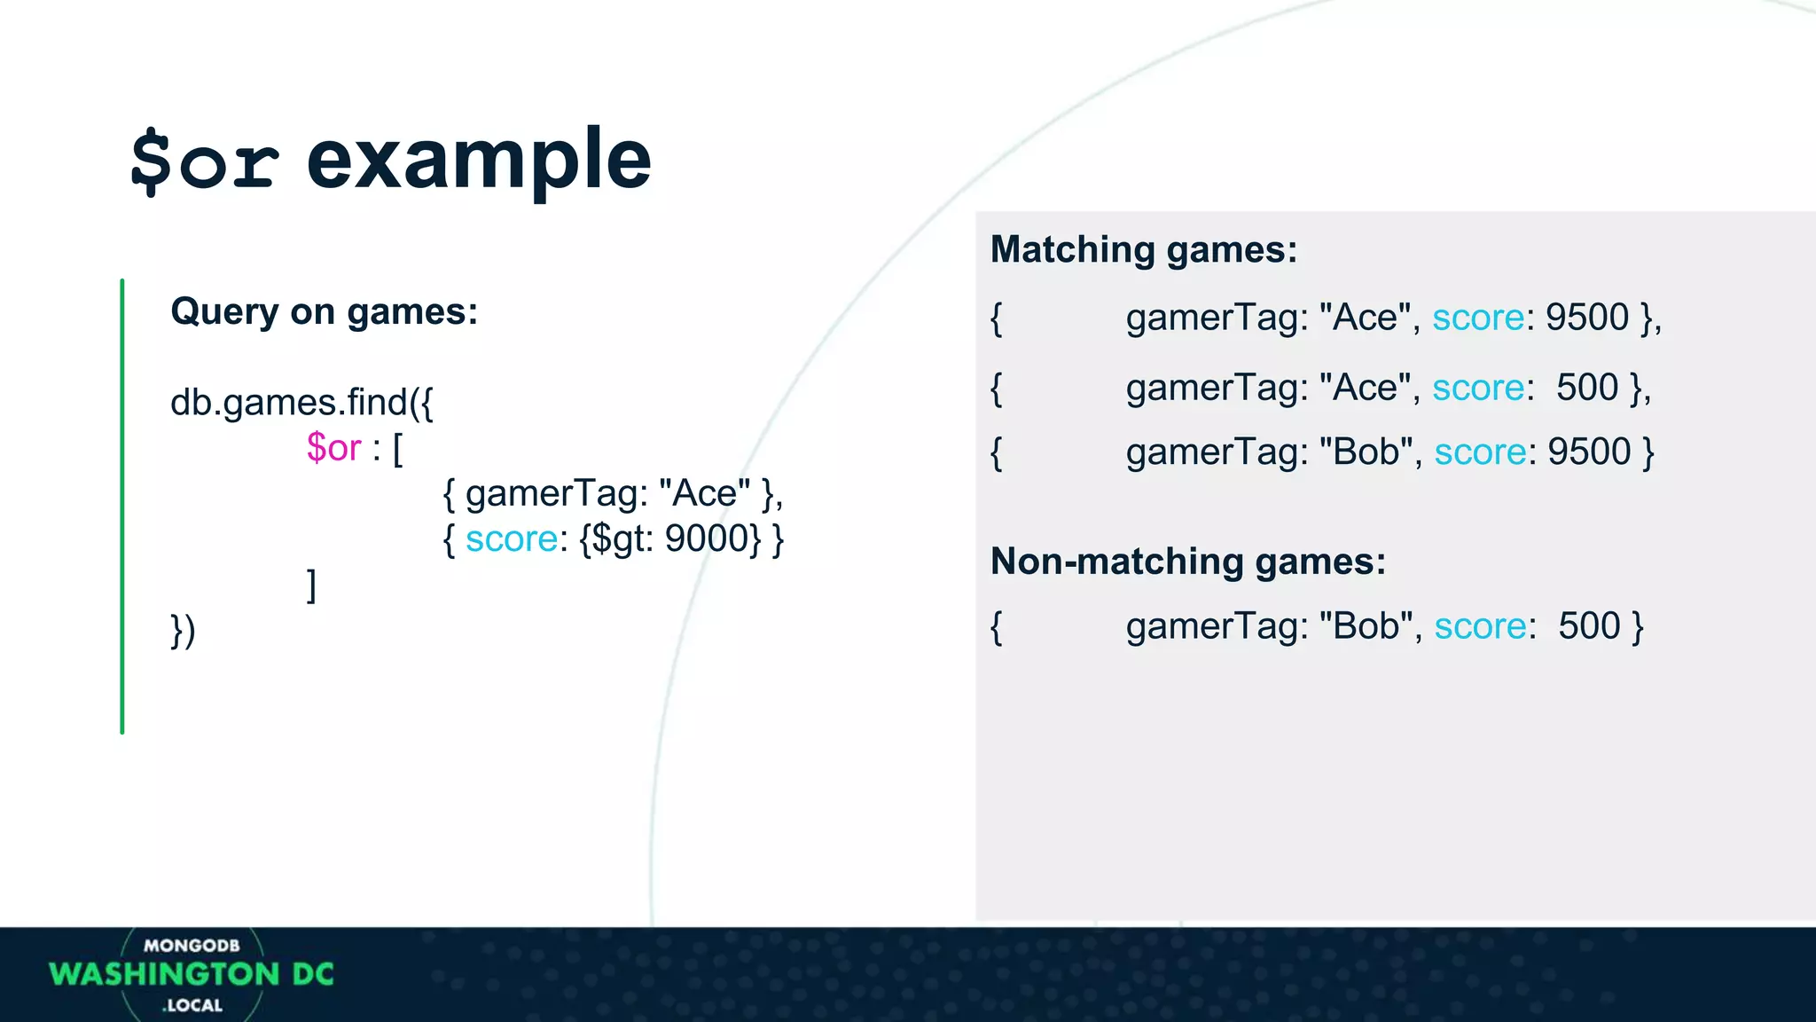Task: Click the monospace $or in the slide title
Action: click(x=205, y=161)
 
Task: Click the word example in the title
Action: click(x=479, y=161)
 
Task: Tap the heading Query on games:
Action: click(x=324, y=311)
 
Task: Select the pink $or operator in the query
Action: click(x=333, y=448)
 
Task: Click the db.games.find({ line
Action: click(x=301, y=403)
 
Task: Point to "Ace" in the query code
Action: click(x=705, y=493)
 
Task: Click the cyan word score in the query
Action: click(x=512, y=539)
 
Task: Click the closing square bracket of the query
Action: click(x=311, y=586)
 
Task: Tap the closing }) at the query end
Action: click(x=183, y=631)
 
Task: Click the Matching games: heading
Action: click(x=1143, y=249)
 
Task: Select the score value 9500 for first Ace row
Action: click(x=1587, y=318)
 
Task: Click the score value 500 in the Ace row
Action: click(x=1587, y=388)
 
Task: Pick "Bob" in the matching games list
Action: click(x=1366, y=452)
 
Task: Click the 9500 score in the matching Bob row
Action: click(x=1589, y=452)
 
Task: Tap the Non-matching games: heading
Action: click(x=1187, y=562)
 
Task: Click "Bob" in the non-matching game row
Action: click(x=1366, y=626)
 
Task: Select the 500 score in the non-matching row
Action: click(x=1589, y=626)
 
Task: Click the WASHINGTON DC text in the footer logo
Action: click(x=192, y=974)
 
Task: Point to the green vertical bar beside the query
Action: click(x=122, y=506)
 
